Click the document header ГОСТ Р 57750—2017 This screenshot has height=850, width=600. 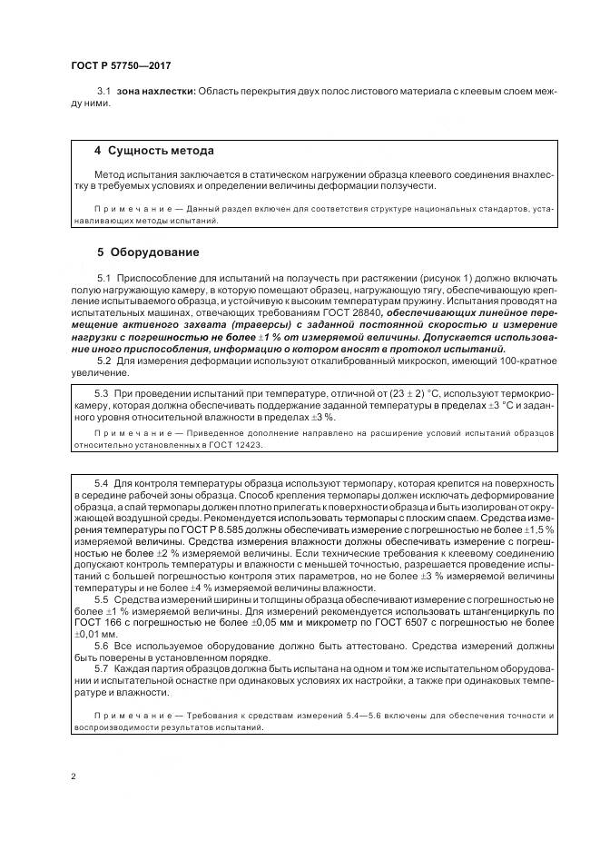[120, 66]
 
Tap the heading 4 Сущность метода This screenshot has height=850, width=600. [154, 150]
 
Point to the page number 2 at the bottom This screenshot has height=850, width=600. [74, 776]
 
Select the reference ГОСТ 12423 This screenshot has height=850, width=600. [242, 445]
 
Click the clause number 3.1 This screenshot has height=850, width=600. [103, 92]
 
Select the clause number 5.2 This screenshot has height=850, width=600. [103, 361]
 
